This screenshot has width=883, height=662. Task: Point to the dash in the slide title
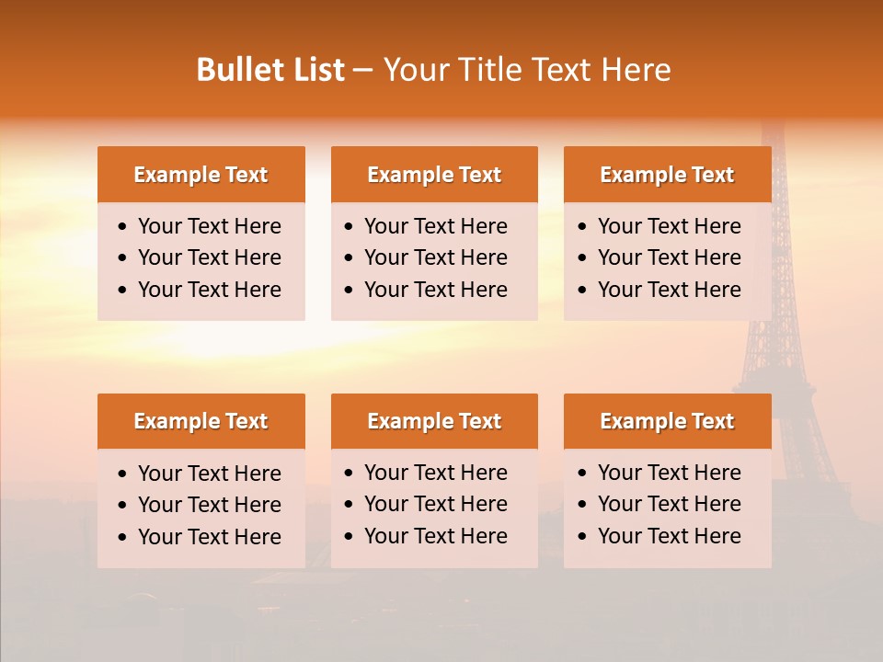pos(362,71)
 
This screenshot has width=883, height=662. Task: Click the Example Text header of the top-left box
pos(201,175)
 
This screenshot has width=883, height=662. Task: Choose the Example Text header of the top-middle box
pos(434,175)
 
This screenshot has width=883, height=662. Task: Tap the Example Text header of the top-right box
pos(667,175)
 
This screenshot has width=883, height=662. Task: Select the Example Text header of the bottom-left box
pos(201,421)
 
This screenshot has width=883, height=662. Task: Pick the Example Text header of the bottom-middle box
pos(434,421)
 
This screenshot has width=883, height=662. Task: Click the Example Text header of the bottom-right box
pos(667,421)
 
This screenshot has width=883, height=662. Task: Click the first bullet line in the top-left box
pos(209,226)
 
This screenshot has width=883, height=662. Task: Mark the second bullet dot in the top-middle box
pos(349,258)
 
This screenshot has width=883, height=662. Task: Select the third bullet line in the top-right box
pos(669,290)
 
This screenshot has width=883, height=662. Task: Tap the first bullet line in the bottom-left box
pos(209,474)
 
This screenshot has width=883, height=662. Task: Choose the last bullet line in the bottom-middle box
pos(435,536)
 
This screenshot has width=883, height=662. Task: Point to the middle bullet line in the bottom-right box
pos(669,504)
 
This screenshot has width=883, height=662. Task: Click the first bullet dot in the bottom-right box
pos(582,474)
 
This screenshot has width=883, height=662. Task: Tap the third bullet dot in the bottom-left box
pos(122,537)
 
